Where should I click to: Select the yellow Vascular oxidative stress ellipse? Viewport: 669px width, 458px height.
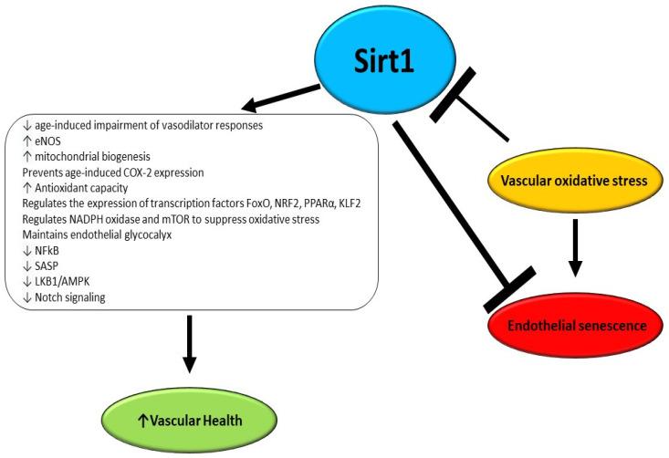coord(578,181)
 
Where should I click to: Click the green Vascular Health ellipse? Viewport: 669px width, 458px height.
coord(190,422)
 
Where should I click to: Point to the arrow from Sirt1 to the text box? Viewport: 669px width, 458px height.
coord(273,96)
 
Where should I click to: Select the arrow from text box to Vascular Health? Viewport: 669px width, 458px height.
coord(190,344)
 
